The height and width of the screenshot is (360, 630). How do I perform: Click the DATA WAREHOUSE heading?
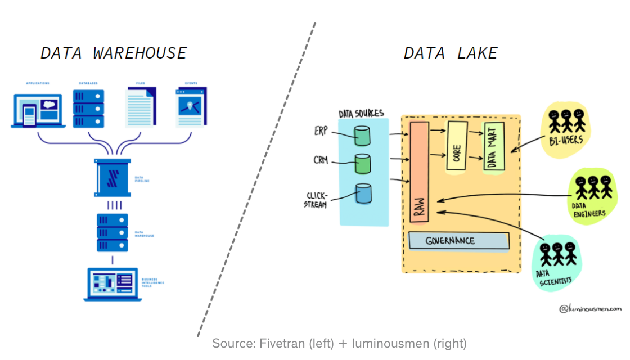[x=114, y=53]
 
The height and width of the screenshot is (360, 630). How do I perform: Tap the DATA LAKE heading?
[x=451, y=53]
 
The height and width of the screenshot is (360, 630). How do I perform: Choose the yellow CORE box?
[x=457, y=145]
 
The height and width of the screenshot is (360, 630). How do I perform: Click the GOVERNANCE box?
[x=458, y=240]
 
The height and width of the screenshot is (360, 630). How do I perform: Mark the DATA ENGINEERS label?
[x=589, y=210]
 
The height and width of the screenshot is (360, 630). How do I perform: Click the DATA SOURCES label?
[x=361, y=113]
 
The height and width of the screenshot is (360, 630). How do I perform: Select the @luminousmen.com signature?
[x=590, y=308]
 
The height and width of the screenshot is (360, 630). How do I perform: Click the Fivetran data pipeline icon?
[x=112, y=177]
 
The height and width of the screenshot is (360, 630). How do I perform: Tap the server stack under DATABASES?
[x=88, y=107]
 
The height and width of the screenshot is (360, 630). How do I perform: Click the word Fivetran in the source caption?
[x=282, y=343]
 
